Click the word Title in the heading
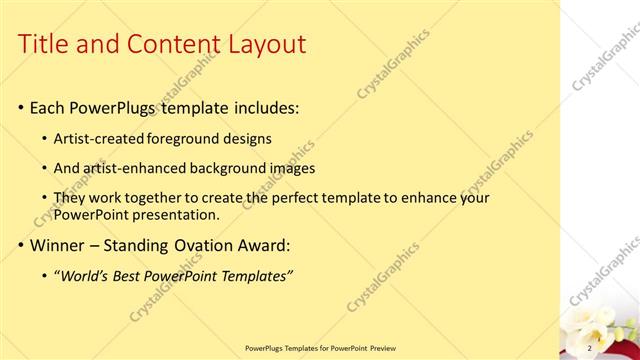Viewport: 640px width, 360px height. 44,44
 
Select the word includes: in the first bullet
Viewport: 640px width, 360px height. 258,107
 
